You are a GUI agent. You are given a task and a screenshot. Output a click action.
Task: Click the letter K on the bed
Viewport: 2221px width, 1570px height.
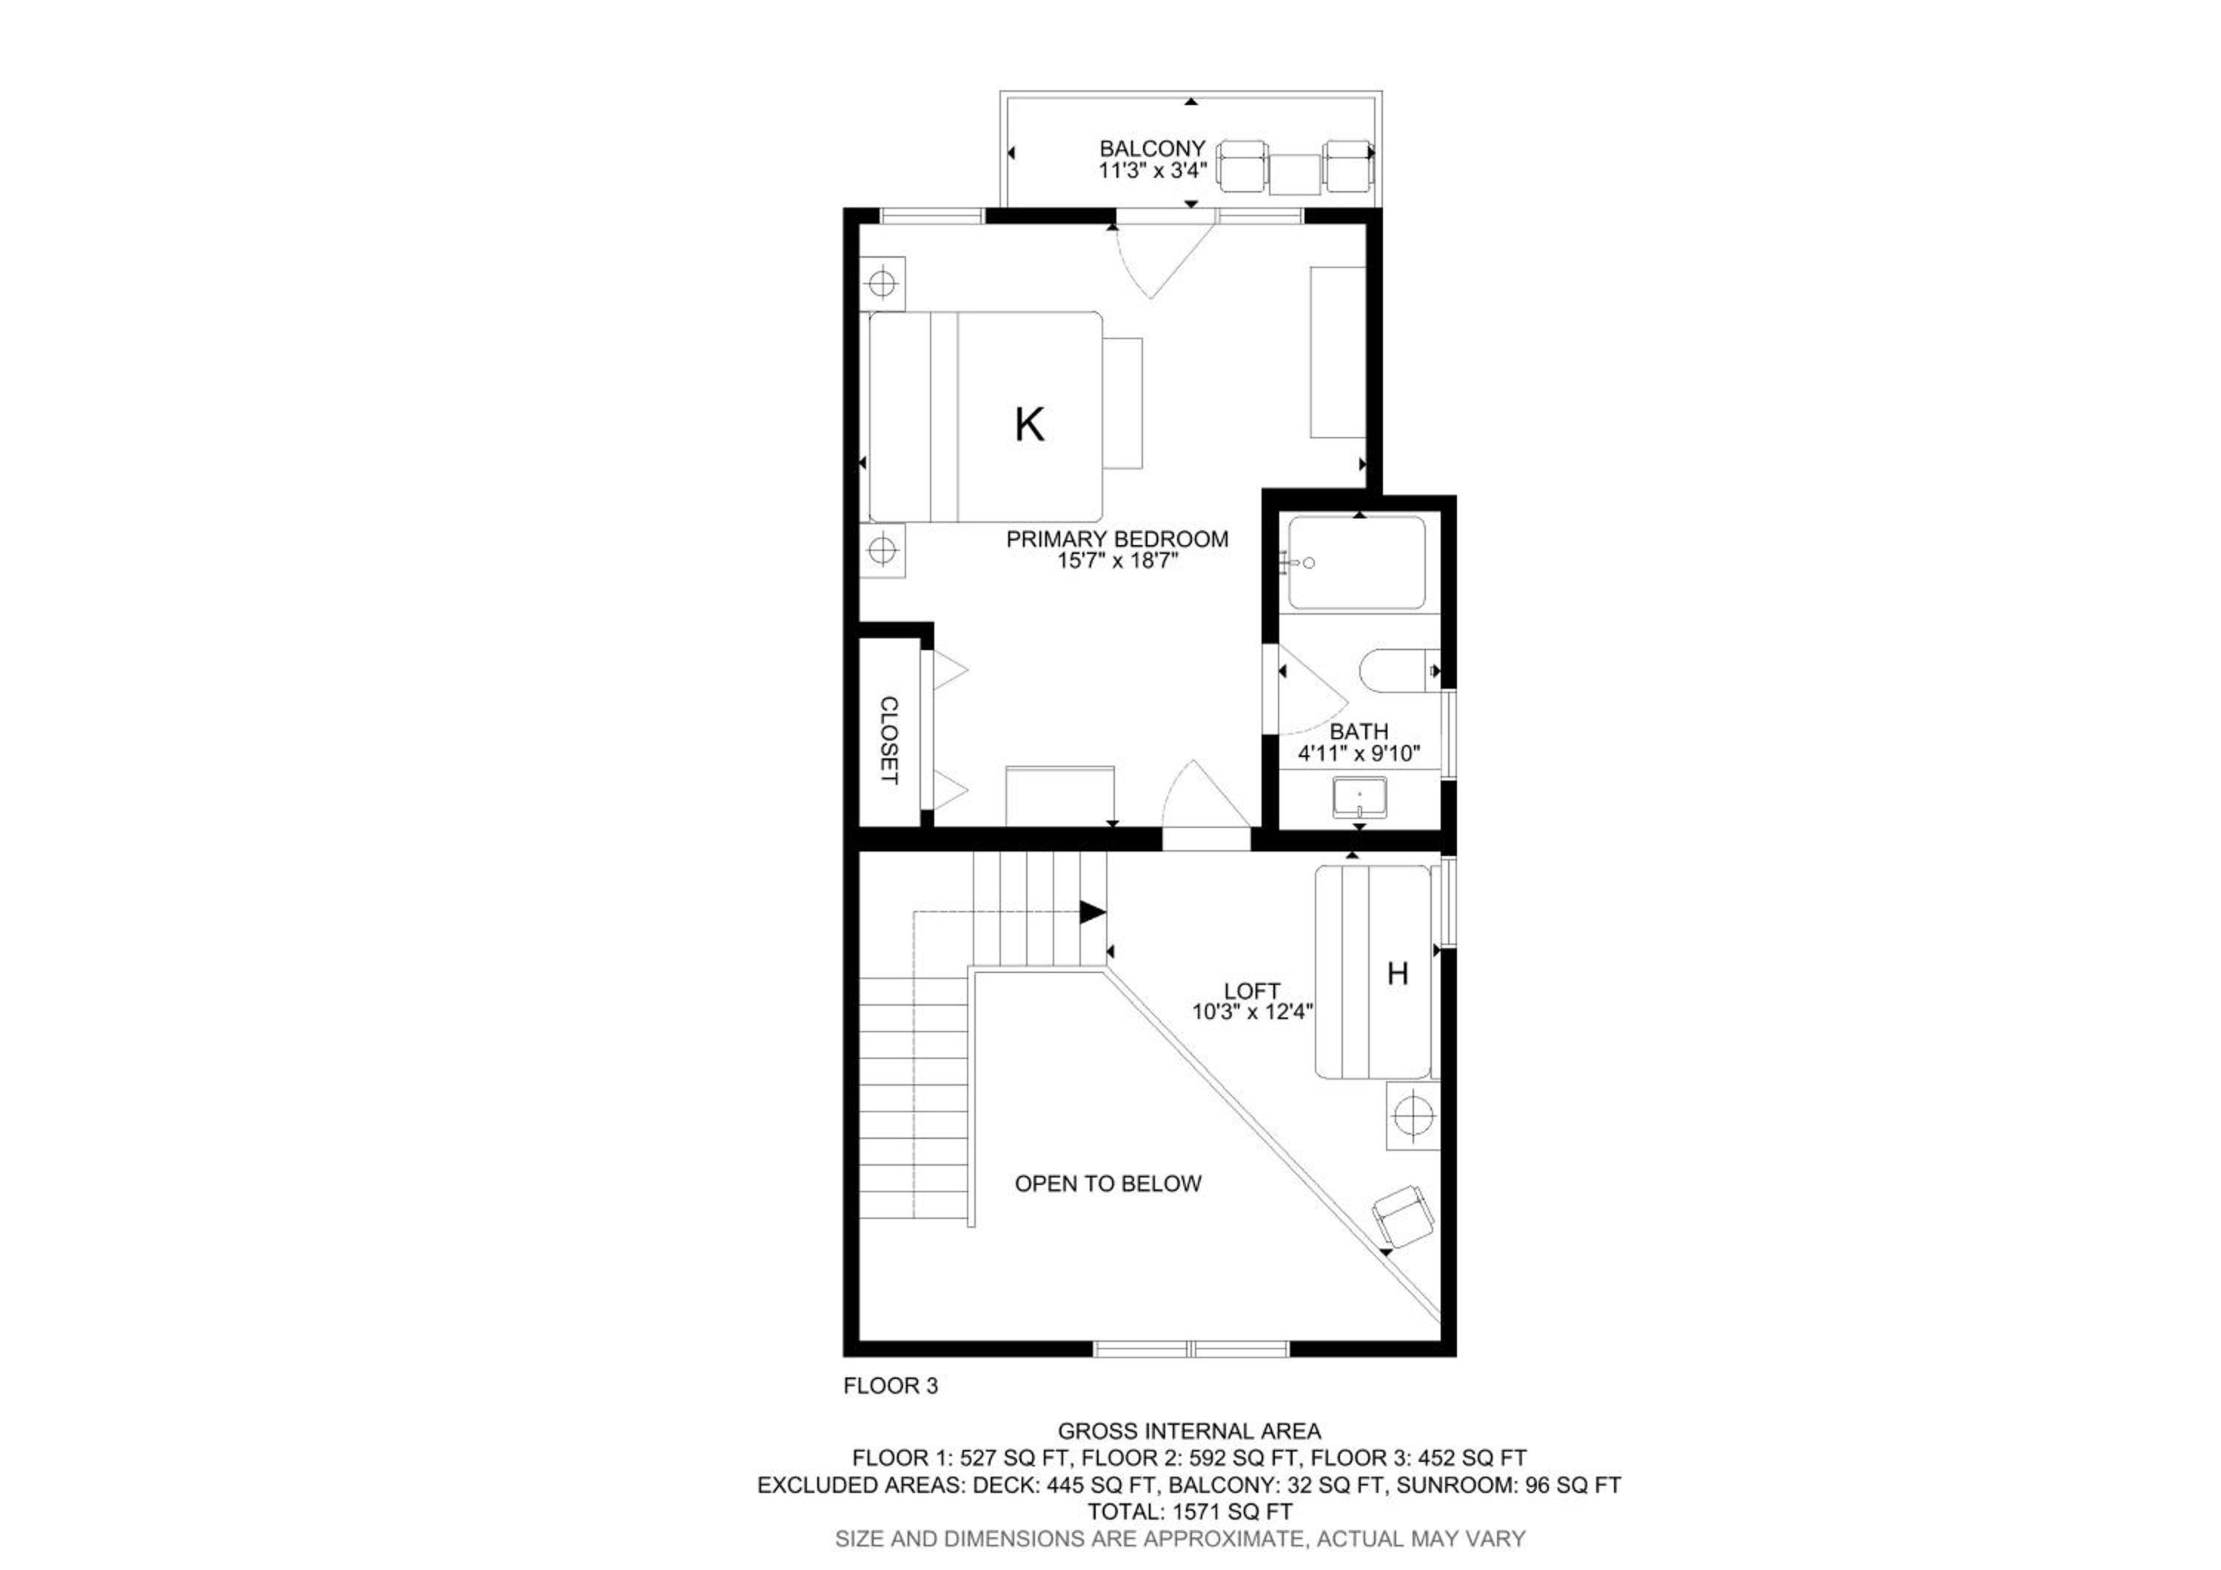pyautogui.click(x=1029, y=424)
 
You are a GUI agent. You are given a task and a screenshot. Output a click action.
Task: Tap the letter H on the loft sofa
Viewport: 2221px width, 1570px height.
pyautogui.click(x=1397, y=973)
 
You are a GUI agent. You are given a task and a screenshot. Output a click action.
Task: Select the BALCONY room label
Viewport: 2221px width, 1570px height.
pyautogui.click(x=1152, y=149)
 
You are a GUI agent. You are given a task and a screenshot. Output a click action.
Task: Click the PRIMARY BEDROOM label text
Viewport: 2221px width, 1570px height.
pyautogui.click(x=1117, y=539)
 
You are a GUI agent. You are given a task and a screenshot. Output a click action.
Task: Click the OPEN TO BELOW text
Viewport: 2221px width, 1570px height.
pyautogui.click(x=1108, y=1183)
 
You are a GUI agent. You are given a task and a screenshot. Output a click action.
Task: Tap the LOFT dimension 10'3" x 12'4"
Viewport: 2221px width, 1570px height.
pyautogui.click(x=1253, y=1012)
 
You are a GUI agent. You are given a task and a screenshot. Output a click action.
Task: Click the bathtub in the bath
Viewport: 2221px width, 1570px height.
pyautogui.click(x=1356, y=562)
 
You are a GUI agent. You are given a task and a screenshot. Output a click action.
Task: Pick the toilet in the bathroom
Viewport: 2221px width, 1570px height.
pyautogui.click(x=1398, y=670)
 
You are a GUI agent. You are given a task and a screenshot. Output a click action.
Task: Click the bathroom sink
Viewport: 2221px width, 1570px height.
pyautogui.click(x=1359, y=797)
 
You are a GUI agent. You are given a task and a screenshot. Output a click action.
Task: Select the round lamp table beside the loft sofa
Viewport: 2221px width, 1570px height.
pyautogui.click(x=1413, y=1116)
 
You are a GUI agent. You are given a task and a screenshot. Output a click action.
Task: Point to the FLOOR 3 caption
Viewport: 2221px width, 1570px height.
pyautogui.click(x=890, y=1386)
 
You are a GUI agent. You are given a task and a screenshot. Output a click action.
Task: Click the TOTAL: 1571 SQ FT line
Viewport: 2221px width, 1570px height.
pyautogui.click(x=1190, y=1511)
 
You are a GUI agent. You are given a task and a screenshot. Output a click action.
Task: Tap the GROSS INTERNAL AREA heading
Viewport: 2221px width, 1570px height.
pyautogui.click(x=1189, y=1431)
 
